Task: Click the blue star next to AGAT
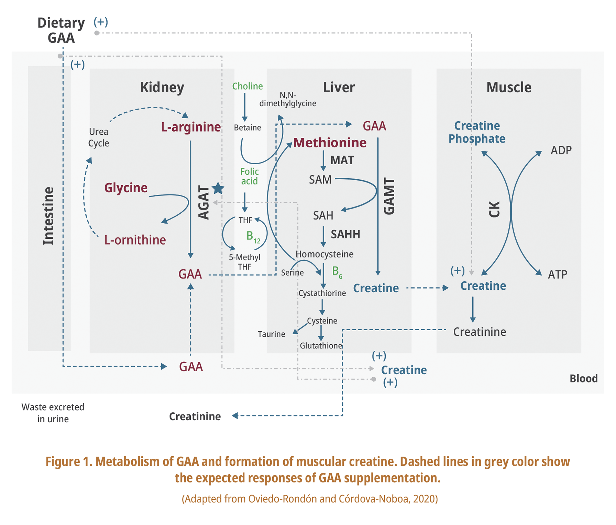(x=218, y=188)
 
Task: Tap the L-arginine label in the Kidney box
(x=191, y=127)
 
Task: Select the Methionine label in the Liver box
(x=330, y=143)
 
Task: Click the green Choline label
(x=247, y=86)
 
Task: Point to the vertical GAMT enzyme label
(x=389, y=196)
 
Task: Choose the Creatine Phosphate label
(x=477, y=132)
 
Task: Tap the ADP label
(x=561, y=150)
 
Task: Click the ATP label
(x=557, y=275)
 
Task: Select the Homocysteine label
(x=324, y=254)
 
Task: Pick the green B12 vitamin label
(x=253, y=236)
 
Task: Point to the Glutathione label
(x=321, y=346)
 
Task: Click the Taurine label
(x=271, y=334)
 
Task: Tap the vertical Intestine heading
(x=48, y=216)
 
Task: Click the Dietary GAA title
(x=61, y=30)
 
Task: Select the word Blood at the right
(x=583, y=378)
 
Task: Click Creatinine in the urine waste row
(x=195, y=416)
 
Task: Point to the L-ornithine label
(x=135, y=240)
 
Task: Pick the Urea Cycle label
(x=99, y=137)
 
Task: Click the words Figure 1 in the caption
(x=69, y=461)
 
